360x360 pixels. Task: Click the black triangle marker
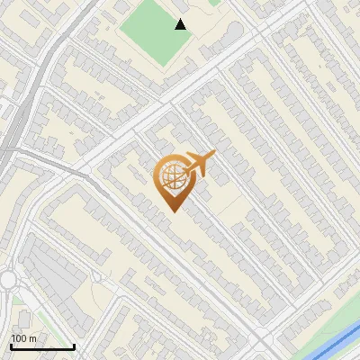tap(181, 24)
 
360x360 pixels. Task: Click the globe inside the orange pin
tap(171, 176)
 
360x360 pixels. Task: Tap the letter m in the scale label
tap(32, 338)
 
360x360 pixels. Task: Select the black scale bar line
tap(42, 347)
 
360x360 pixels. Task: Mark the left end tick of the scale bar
tap(11, 346)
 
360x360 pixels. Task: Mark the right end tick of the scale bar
tap(74, 346)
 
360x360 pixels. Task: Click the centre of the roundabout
tap(7, 281)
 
